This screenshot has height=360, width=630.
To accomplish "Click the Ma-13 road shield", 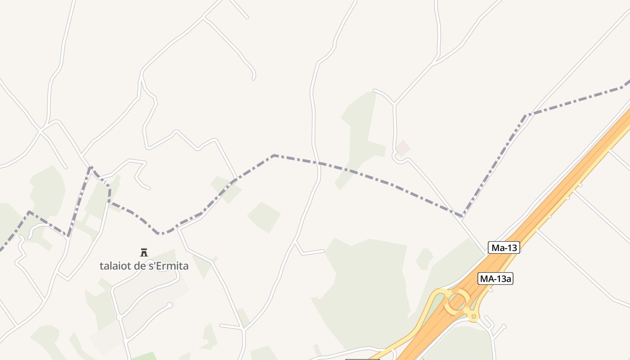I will point(504,247).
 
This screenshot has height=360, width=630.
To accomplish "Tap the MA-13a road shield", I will point(495,279).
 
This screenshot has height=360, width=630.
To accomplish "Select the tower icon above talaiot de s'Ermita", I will point(144,252).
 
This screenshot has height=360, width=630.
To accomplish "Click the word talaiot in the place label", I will point(114,266).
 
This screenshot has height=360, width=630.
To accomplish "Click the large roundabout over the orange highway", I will point(457,301).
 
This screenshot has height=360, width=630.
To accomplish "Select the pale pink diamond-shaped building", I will point(403,148).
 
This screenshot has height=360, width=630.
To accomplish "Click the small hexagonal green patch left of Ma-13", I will point(424,259).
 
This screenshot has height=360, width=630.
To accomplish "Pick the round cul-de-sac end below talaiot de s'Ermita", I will point(170,306).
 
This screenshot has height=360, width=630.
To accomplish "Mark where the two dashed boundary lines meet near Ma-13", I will point(462,216).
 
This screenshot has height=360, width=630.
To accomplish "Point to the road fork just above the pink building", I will point(394,105).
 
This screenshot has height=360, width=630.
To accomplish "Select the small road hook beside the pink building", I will point(396,157).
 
